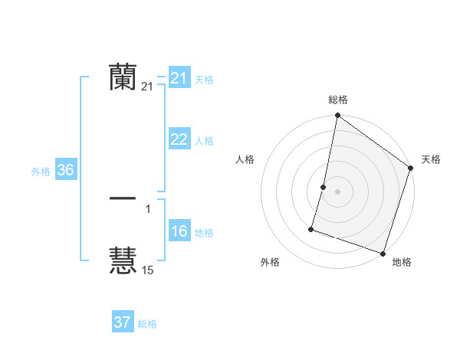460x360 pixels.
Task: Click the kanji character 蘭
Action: coord(123,77)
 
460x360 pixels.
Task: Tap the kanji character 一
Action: coord(123,199)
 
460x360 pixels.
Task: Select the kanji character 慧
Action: coord(123,260)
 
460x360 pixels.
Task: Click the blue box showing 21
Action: coord(179,78)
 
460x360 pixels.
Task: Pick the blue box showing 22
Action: coord(179,139)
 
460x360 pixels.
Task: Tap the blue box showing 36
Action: coord(65,170)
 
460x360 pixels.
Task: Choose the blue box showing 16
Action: coord(179,231)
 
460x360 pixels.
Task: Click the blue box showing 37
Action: coord(123,322)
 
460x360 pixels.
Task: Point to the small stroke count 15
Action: coord(148,270)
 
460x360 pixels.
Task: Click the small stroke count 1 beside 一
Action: coord(148,209)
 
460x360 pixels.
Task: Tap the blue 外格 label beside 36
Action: coord(41,172)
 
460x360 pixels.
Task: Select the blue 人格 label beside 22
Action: coord(204,141)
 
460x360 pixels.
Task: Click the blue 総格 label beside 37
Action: coord(147,324)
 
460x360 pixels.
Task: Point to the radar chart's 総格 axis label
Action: coord(338,100)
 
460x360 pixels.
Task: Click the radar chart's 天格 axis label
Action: coord(432,159)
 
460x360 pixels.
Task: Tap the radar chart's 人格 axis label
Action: coord(245,159)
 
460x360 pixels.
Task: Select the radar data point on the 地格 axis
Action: coord(382,253)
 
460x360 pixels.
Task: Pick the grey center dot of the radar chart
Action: coord(338,191)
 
